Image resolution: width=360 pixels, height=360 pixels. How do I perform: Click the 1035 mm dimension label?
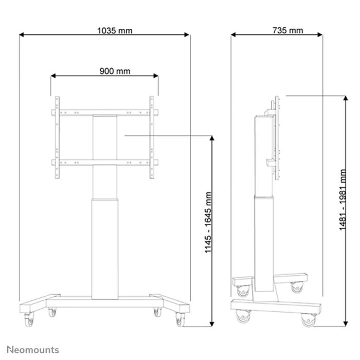pos(115,30)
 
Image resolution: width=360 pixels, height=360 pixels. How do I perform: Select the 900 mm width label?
pos(115,71)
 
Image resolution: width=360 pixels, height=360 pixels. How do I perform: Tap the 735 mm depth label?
pos(287,30)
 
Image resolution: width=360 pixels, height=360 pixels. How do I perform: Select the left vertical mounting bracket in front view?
pos(56,138)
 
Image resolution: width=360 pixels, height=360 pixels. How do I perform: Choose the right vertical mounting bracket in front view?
pos(152,138)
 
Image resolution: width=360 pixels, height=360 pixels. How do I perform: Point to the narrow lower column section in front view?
pos(104,247)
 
